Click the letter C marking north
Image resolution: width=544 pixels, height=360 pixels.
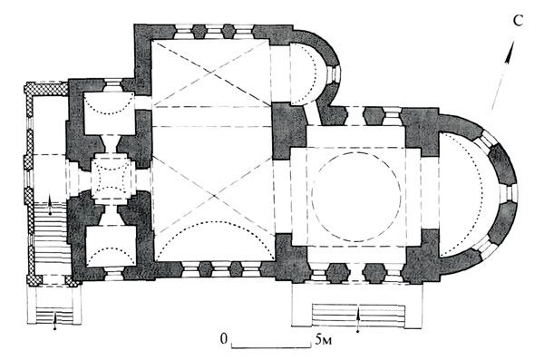pos(518,21)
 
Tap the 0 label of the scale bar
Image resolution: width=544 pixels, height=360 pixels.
pos(224,338)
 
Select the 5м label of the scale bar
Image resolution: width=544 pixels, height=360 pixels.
pos(324,340)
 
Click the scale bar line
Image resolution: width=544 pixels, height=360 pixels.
pos(271,346)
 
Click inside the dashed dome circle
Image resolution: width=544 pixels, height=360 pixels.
pos(356,197)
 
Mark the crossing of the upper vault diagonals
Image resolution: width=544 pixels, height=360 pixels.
pos(210,73)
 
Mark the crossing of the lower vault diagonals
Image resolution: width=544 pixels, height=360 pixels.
pos(213,196)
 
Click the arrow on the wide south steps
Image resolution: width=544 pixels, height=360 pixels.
pos(358,317)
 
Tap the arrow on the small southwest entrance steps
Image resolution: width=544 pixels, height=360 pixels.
pos(54,319)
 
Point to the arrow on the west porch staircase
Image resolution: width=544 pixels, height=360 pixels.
pos(50,205)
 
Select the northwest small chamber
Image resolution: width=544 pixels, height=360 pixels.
pos(110,113)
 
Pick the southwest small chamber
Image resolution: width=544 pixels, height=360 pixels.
pos(111,247)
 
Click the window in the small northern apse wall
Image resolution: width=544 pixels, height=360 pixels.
pos(335,74)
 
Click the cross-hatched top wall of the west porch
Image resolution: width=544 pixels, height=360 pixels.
pos(46,88)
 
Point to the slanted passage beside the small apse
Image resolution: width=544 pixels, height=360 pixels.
pos(312,114)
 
